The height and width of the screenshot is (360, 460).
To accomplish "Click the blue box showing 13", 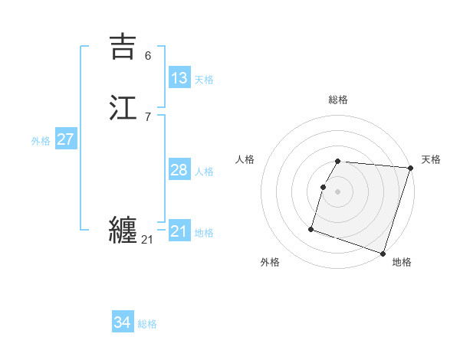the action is (179, 78).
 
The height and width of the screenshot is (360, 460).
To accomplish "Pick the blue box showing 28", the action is (179, 170).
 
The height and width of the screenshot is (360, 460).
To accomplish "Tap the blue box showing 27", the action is (65, 139).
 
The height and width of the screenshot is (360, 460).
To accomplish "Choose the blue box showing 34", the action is (123, 322).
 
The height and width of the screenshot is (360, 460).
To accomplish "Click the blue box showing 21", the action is (179, 231).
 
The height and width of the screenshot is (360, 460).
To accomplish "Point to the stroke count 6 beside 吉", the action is (148, 56).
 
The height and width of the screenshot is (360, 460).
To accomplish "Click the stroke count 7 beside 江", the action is (148, 117).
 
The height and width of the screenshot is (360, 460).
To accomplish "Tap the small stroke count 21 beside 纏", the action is (147, 240).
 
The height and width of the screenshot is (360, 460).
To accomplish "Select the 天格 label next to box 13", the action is (204, 80).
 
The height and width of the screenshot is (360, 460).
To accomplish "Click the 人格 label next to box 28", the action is (204, 172).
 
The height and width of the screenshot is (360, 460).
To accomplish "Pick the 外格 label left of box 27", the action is (41, 141).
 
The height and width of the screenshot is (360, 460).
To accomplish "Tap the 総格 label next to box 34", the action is (147, 324).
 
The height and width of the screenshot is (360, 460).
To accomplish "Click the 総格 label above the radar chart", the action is (338, 100).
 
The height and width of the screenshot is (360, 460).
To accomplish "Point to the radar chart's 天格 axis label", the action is (431, 159).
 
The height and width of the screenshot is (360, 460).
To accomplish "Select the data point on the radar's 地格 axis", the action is (383, 253).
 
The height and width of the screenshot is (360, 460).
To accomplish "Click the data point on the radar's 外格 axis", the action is (311, 228).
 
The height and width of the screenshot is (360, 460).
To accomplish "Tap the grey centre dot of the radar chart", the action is (338, 191).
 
